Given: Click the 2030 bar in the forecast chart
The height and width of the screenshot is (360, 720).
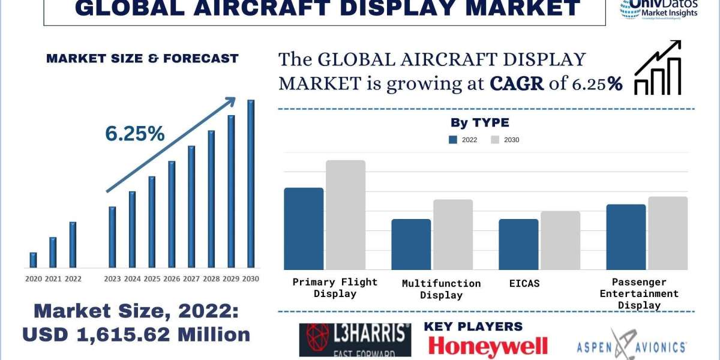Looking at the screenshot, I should pos(251,184).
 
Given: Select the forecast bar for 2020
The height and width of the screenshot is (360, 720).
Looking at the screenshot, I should pos(34,260).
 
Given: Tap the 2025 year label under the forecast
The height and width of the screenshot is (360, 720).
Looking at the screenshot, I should pos(152,278).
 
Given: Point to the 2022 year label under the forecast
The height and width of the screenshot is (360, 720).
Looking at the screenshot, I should pos(73,278).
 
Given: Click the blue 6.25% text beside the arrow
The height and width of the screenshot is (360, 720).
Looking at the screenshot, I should pos(135,134).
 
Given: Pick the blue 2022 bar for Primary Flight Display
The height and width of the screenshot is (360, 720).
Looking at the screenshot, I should pos(304,229).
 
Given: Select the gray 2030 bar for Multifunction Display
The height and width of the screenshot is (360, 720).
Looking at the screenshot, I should pos(453,235).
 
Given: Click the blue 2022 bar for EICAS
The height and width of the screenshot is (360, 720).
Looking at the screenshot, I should pos(519,244).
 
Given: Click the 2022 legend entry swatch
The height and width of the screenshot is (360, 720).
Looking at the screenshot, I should pos(453,140).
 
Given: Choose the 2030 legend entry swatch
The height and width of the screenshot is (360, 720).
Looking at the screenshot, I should pos(495,140).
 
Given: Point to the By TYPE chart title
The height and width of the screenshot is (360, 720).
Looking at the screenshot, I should pos(480,123).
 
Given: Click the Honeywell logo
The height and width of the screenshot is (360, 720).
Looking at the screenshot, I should pos(487,346).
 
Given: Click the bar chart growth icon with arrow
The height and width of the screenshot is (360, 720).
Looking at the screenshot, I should pos(658,68).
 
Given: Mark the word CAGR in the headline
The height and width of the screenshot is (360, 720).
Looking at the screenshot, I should pos(517,83).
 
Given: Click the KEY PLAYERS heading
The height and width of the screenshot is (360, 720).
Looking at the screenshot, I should pos(473,326).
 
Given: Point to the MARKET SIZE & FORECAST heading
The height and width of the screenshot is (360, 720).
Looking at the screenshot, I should pos(142,58).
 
